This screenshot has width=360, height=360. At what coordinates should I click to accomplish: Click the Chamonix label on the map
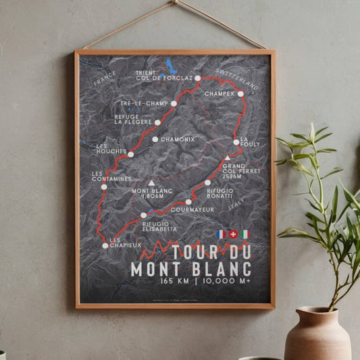(178, 139)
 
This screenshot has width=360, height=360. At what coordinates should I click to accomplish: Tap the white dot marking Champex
(240, 94)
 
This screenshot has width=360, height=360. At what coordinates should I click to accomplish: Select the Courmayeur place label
(193, 209)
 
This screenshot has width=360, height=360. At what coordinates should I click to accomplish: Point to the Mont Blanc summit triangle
(151, 183)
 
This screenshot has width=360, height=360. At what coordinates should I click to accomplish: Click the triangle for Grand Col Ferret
(228, 158)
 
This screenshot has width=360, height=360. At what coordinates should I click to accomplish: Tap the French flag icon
(220, 234)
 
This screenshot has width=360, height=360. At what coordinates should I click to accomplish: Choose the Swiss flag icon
(233, 234)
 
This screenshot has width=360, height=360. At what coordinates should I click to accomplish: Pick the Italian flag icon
(245, 234)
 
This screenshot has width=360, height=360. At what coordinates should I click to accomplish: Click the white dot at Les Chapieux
(105, 246)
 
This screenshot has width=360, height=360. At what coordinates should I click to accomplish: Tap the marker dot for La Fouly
(236, 142)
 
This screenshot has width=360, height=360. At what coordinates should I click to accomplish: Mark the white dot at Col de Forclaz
(198, 79)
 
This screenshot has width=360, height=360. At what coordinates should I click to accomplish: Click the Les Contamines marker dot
(104, 186)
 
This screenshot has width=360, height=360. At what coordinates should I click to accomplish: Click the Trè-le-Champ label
(145, 103)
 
